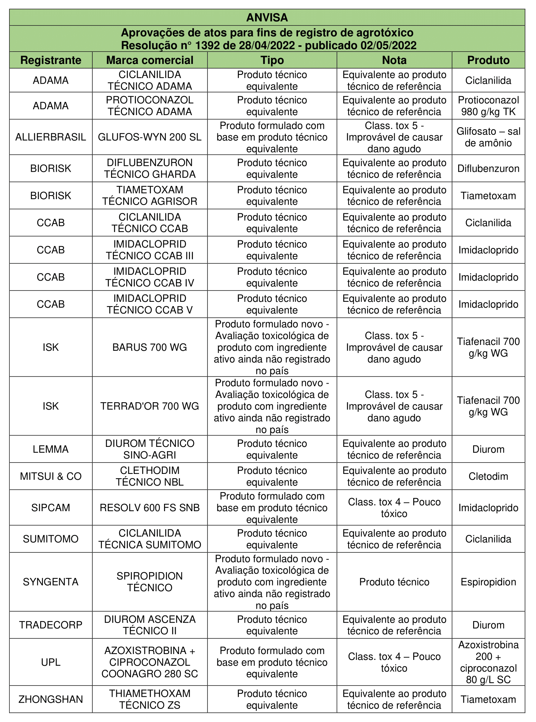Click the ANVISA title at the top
coord(267,18)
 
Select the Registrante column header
coord(51,60)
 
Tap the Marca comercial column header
coord(150,60)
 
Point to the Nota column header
coord(394,60)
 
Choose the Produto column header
coord(488,60)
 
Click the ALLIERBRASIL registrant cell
coord(51,137)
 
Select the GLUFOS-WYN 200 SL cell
coord(150,137)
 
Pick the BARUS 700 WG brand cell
coord(150,347)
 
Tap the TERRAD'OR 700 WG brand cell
coord(150,406)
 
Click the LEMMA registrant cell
coord(51,449)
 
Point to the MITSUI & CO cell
coord(51,476)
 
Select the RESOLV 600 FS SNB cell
coord(150,508)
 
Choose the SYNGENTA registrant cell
coord(51,582)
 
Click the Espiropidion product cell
coord(488,582)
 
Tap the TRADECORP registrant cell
coord(51,625)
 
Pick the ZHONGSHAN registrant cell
coord(51,699)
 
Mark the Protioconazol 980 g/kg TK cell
coord(488,106)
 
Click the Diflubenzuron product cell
coord(488,168)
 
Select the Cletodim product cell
coord(488,476)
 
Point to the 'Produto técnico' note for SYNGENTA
coord(394,582)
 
